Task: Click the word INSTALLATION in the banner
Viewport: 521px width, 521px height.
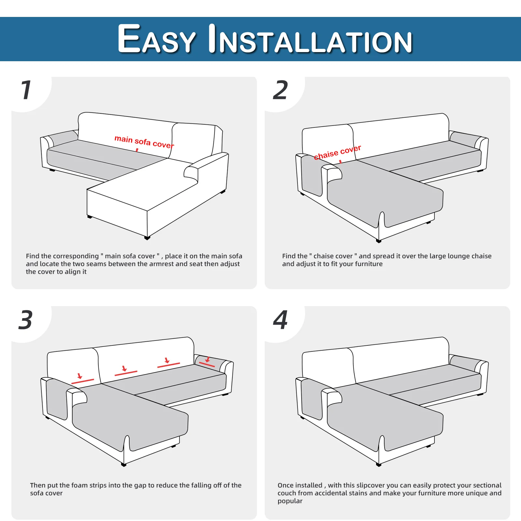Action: click(310, 39)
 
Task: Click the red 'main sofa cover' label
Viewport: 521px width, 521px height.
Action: click(144, 142)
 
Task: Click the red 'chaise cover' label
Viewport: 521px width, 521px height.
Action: click(337, 152)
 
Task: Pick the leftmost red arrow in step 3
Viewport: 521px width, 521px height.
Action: click(80, 376)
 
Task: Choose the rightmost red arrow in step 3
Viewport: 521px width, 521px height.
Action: click(207, 359)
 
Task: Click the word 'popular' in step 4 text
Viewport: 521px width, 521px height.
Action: click(290, 501)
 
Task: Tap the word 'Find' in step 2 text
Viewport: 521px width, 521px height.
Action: click(289, 256)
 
